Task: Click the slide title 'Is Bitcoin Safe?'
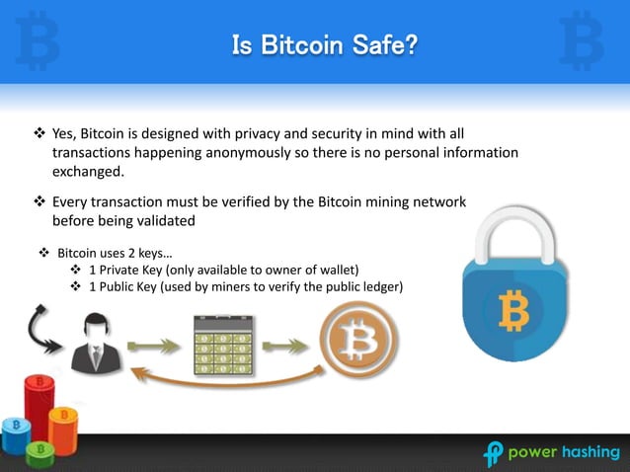pyautogui.click(x=323, y=45)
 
